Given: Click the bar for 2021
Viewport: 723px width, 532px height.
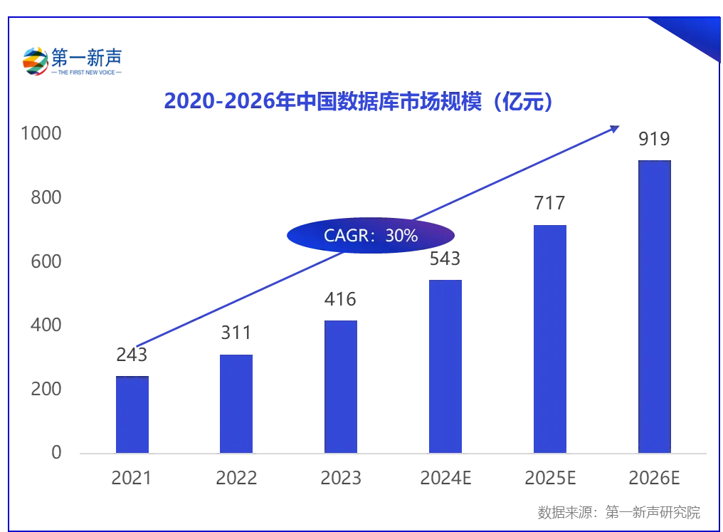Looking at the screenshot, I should pos(132,414).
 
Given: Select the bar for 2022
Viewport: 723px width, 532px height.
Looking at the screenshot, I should pos(236,403).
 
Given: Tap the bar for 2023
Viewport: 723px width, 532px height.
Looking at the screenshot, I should pos(341,386).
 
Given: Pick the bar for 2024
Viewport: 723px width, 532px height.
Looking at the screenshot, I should pos(446,366).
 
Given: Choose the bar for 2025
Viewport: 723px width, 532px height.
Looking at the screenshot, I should pos(550,338).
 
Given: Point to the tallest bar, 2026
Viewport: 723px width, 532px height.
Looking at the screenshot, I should pos(654,306).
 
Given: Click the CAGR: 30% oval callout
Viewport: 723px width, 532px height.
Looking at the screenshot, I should pos(370,236).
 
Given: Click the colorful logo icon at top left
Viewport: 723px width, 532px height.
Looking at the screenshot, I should pos(34,61).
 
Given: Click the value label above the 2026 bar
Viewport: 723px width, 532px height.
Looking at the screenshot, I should pos(654,140).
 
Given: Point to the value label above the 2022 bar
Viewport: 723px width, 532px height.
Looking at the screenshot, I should pos(236,334).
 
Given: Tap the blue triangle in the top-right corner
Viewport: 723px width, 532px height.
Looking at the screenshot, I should pos(694,36).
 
